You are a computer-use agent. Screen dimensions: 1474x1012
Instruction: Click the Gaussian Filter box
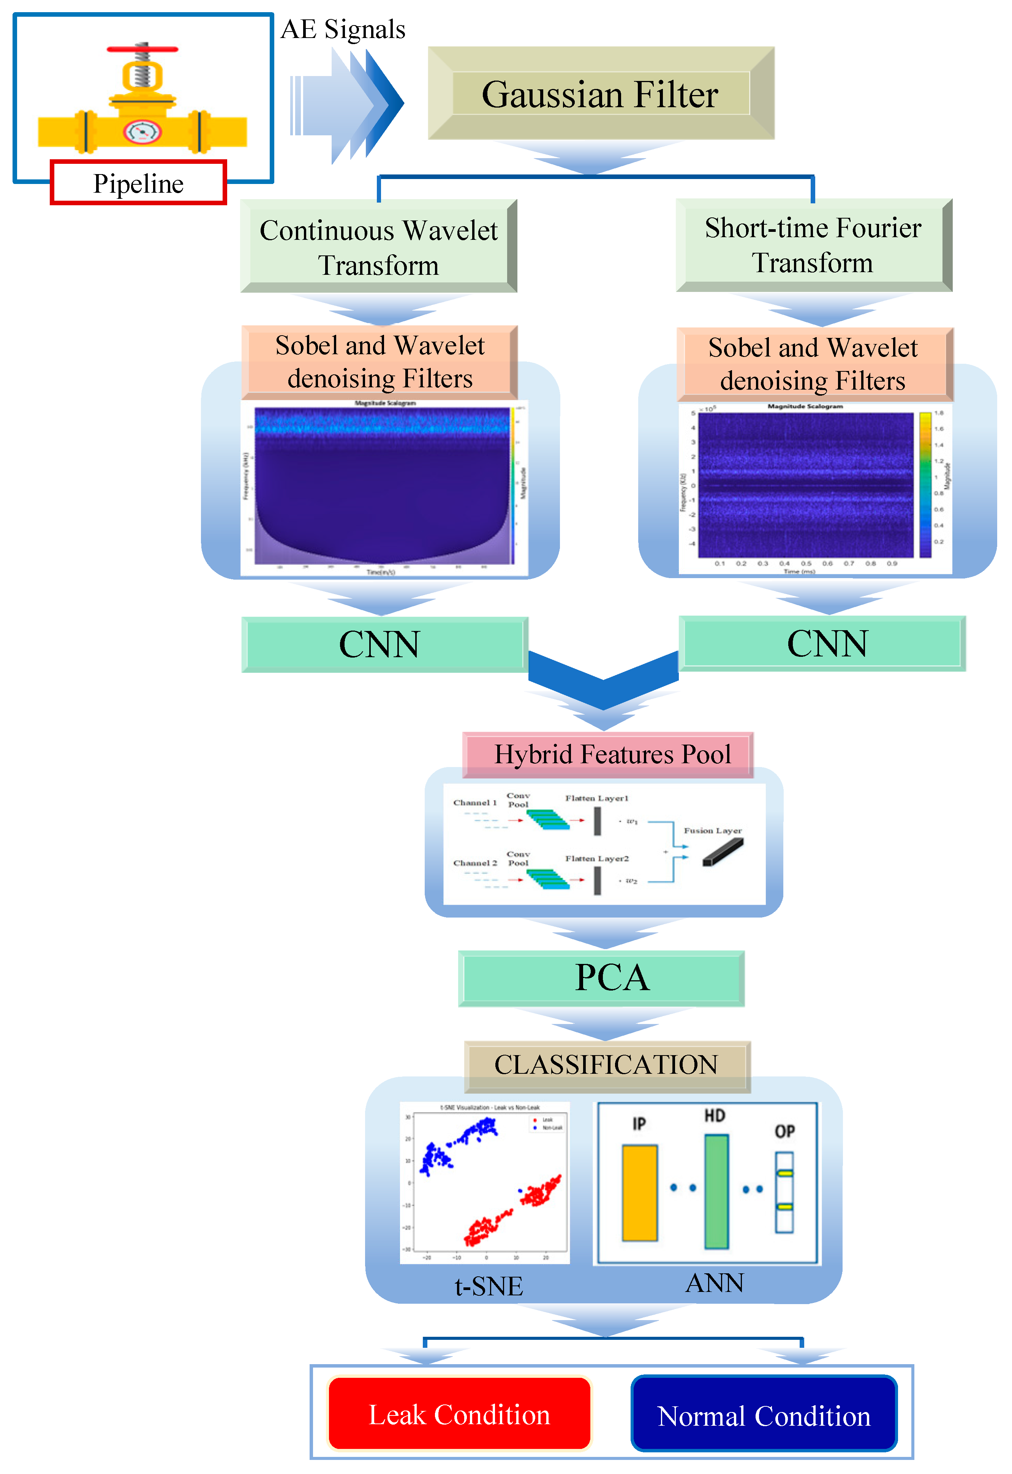pos(601,94)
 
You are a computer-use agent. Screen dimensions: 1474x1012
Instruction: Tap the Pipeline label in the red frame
pos(138,183)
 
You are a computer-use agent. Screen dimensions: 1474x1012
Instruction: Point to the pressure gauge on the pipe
pos(142,131)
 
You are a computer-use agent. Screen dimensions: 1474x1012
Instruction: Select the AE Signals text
pos(343,29)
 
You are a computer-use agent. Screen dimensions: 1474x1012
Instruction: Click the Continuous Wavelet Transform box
pos(378,247)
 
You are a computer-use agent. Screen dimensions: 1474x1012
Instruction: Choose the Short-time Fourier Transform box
pos(814,245)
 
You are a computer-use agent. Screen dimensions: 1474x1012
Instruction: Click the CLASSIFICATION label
pos(606,1064)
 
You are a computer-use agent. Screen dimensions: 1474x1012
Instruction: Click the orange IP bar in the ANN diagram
pos(639,1192)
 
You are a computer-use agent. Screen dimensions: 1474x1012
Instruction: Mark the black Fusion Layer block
pos(723,852)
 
